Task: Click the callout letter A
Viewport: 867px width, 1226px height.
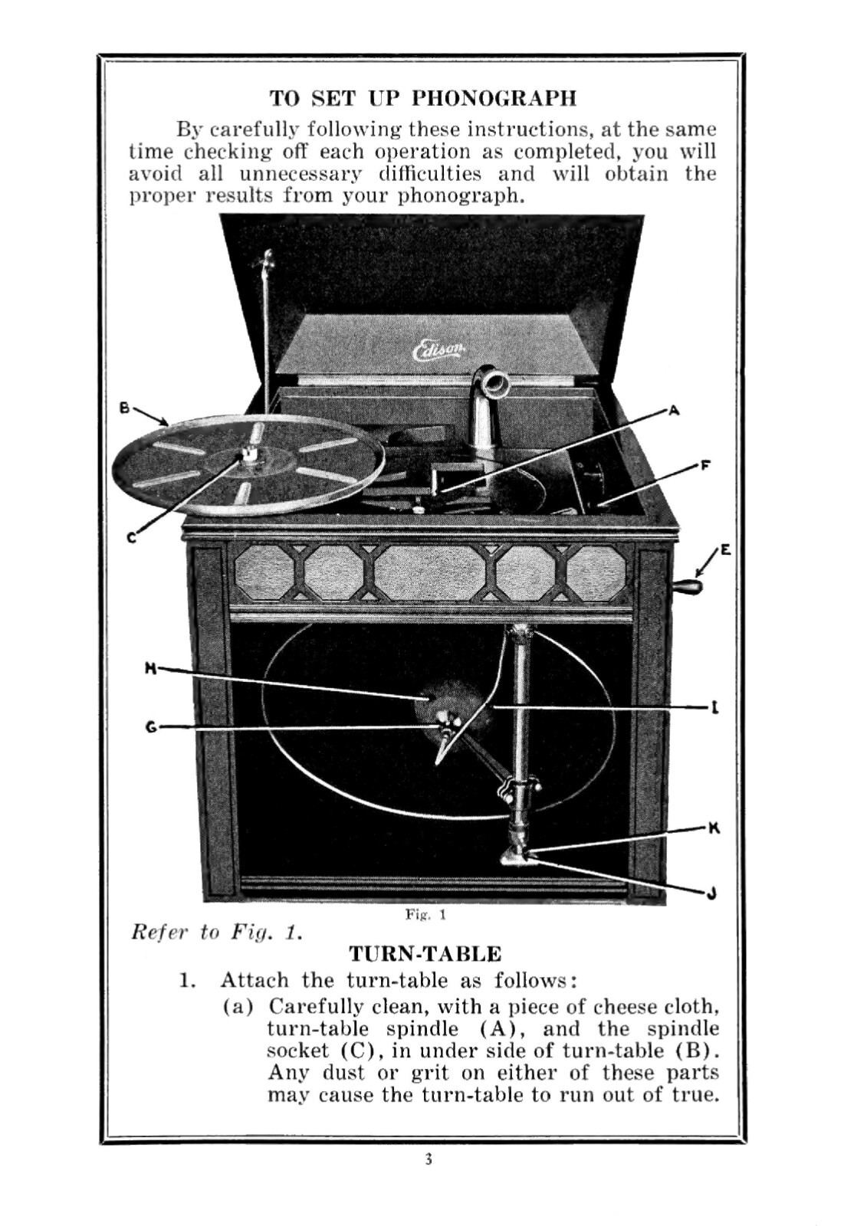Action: (674, 410)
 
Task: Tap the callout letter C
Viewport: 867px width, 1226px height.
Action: (131, 539)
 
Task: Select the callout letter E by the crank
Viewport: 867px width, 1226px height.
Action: (725, 550)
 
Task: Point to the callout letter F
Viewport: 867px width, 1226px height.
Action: (705, 465)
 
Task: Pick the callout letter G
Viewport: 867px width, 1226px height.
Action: (151, 726)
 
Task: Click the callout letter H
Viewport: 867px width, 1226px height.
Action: (150, 669)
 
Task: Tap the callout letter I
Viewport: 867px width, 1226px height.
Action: (714, 708)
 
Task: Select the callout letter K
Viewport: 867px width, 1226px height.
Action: (713, 828)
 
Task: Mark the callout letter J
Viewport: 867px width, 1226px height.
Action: (711, 893)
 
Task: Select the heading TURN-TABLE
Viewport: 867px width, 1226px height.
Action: (425, 954)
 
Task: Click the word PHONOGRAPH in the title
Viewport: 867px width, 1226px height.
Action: (494, 98)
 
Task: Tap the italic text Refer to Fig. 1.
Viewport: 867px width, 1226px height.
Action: (216, 933)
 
